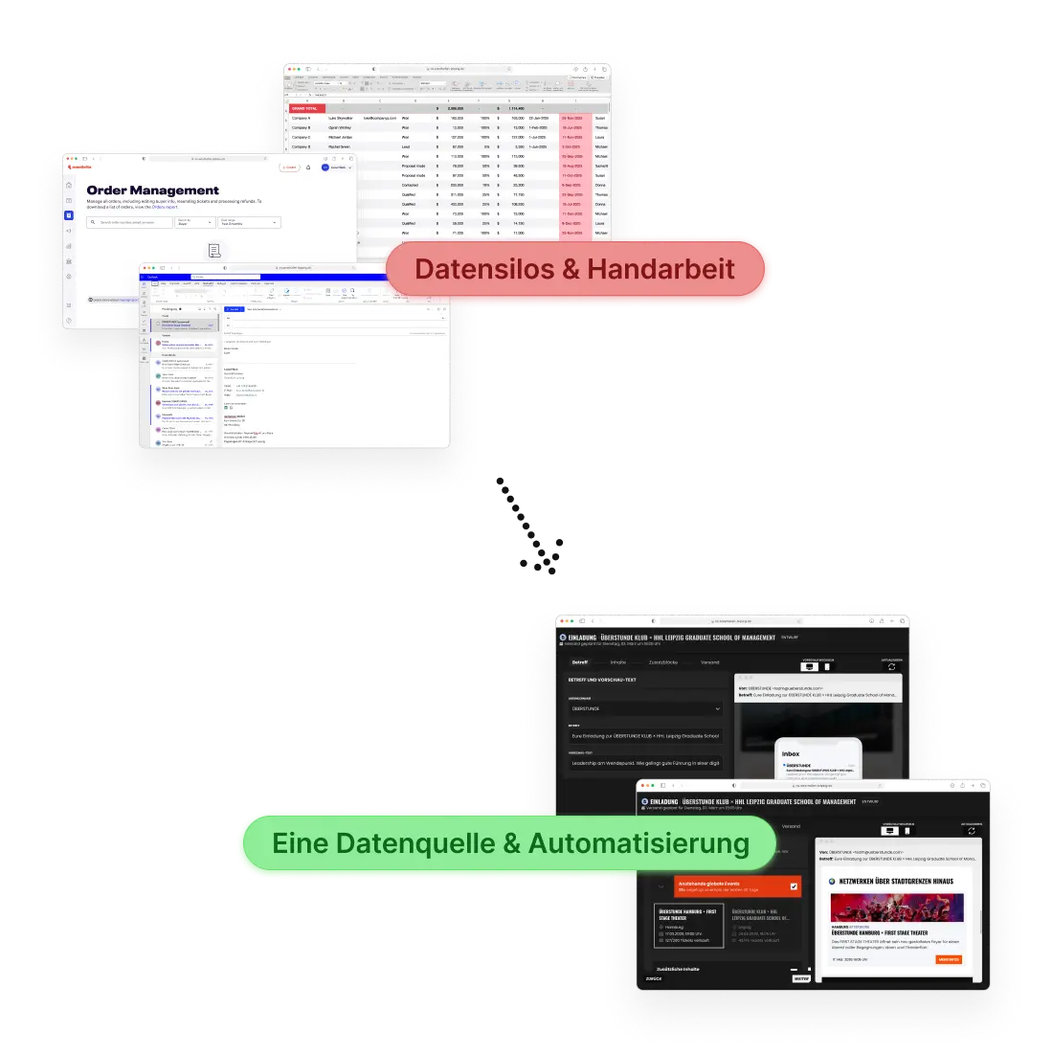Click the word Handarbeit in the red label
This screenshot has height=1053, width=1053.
(661, 269)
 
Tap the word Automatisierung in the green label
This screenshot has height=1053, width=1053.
(639, 843)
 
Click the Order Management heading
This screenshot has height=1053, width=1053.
(152, 190)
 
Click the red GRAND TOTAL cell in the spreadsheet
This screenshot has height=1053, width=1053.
(306, 108)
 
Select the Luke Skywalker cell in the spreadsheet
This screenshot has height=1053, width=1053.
(341, 118)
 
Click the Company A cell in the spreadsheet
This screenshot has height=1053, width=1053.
(302, 118)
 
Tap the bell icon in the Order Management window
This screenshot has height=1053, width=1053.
(308, 168)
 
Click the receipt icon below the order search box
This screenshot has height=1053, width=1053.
(213, 251)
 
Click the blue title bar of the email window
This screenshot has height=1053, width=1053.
(287, 277)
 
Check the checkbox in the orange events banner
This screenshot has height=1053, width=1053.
(794, 886)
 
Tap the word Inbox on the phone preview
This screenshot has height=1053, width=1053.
(791, 754)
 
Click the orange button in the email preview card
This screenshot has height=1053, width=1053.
(948, 958)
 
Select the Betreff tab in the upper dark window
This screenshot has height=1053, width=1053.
(580, 662)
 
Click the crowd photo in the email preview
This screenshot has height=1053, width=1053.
(896, 907)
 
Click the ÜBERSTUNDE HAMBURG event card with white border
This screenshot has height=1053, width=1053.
(688, 926)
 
